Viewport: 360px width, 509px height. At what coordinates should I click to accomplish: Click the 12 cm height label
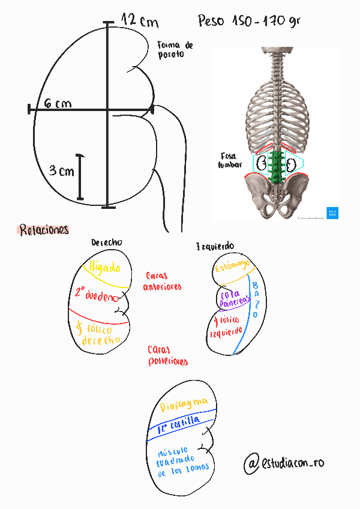[x=140, y=21]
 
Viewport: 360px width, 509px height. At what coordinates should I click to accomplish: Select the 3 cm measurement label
[x=62, y=171]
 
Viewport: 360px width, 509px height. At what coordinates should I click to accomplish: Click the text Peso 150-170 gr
[x=249, y=21]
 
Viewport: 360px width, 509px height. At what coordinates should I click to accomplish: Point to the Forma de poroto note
[x=175, y=49]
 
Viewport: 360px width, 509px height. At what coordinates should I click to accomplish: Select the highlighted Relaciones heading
[x=44, y=230]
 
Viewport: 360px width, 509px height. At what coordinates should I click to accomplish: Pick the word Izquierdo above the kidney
[x=215, y=247]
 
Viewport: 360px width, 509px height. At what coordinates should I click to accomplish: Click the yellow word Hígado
[x=105, y=268]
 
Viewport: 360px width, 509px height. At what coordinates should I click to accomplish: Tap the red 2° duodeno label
[x=97, y=295]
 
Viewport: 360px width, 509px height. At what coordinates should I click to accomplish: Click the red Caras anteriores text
[x=162, y=282]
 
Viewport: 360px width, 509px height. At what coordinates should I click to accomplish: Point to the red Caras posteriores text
[x=167, y=355]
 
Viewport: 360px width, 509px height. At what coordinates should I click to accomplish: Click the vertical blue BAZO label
[x=255, y=300]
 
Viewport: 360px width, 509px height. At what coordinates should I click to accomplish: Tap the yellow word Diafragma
[x=184, y=405]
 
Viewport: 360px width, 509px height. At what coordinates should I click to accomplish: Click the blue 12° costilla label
[x=178, y=426]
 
